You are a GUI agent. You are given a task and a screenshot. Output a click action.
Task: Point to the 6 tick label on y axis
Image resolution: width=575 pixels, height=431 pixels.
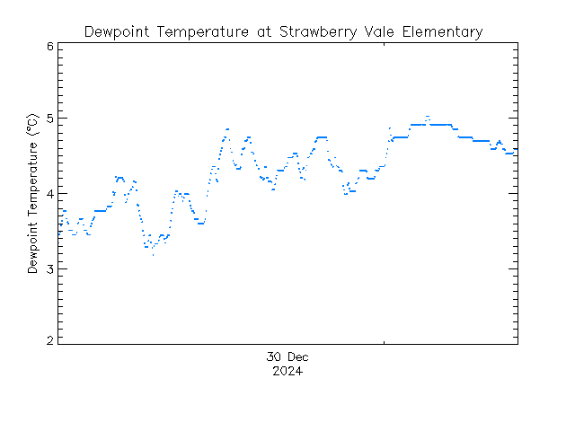(x=50, y=47)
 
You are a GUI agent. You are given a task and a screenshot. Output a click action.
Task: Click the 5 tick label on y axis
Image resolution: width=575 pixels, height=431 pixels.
(x=50, y=119)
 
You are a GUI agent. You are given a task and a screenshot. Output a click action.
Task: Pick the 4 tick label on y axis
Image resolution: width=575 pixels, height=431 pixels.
(x=50, y=194)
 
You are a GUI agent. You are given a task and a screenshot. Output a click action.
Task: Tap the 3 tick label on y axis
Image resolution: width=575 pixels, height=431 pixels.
(x=50, y=268)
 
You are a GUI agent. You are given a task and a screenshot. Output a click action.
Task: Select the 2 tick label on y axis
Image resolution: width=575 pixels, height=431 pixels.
(x=50, y=341)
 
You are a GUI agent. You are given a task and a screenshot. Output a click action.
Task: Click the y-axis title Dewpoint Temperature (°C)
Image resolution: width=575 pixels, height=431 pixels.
(x=33, y=192)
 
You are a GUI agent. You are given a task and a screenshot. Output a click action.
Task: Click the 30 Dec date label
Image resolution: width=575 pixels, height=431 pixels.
(x=287, y=357)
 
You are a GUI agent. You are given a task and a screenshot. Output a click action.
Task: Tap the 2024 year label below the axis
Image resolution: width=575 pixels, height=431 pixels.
(x=287, y=371)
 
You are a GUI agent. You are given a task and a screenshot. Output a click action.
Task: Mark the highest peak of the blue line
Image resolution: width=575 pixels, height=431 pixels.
(x=428, y=117)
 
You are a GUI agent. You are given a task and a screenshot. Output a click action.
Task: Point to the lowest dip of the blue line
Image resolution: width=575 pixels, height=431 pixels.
(x=153, y=255)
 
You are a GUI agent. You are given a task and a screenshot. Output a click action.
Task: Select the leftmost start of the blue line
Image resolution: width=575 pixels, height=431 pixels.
(x=59, y=233)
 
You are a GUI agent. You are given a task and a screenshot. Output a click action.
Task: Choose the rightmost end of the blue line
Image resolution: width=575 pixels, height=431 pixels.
(x=516, y=150)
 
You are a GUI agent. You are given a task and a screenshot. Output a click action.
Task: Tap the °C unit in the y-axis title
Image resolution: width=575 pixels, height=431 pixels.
(x=33, y=122)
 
